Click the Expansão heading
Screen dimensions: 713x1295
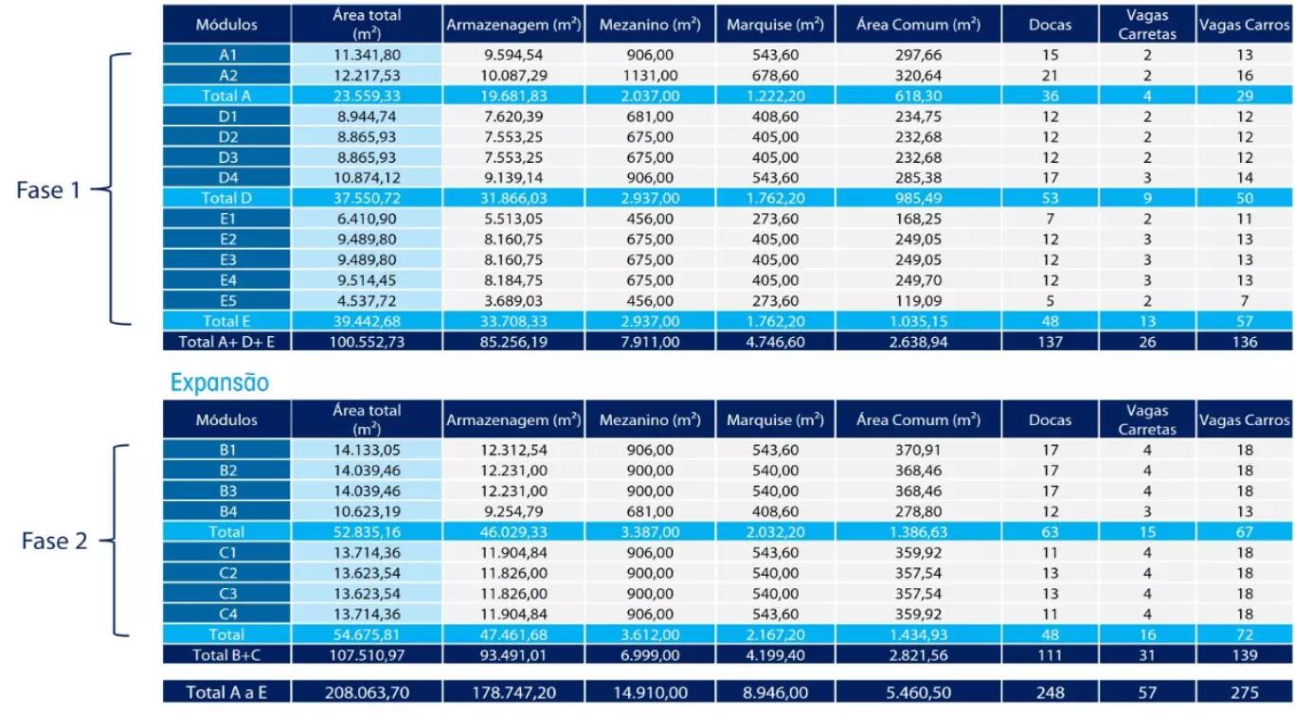pos(220,383)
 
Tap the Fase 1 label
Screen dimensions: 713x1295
pos(48,189)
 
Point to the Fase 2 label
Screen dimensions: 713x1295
pos(54,542)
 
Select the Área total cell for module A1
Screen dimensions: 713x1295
pos(367,55)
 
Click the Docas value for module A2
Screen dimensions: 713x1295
pos(1050,76)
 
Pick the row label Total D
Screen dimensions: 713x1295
pos(227,198)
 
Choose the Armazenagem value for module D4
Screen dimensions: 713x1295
pos(513,178)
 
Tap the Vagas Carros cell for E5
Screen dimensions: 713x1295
pos(1244,301)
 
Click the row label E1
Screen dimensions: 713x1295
pos(227,219)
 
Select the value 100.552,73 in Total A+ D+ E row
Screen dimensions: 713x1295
pos(367,342)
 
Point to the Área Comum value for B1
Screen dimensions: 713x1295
pos(918,450)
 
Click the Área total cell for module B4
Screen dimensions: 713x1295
pos(367,511)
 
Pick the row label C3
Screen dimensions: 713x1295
pos(227,594)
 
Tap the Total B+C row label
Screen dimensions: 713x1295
pos(227,654)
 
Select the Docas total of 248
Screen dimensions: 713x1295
pos(1050,692)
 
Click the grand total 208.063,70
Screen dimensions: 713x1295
pos(367,692)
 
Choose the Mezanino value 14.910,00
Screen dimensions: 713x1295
pos(650,692)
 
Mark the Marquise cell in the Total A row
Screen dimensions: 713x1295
pos(775,96)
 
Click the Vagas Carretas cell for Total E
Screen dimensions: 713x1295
pos(1147,321)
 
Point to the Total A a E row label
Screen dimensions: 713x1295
pos(227,692)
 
